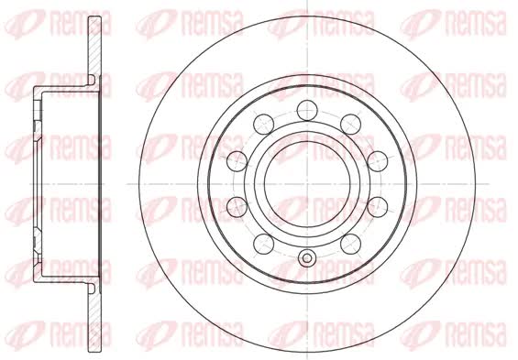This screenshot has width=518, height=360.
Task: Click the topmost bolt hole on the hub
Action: [x=307, y=110]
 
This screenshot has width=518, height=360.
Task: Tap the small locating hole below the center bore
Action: [x=307, y=258]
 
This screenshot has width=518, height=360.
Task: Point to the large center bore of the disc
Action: [x=307, y=184]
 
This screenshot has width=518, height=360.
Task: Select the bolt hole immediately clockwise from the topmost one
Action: [x=350, y=125]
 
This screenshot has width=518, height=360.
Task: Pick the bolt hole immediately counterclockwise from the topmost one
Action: [x=264, y=125]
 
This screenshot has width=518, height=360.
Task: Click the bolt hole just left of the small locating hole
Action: [x=264, y=244]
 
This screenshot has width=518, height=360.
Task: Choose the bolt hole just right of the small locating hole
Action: [x=350, y=244]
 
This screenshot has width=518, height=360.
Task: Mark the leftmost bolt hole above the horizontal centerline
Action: [x=237, y=161]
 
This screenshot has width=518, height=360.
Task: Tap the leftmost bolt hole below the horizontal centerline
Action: [x=237, y=207]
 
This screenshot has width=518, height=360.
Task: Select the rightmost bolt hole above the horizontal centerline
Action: [x=377, y=161]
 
